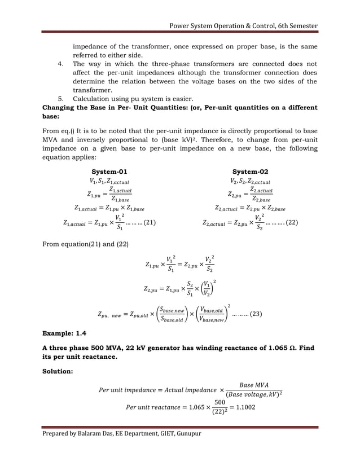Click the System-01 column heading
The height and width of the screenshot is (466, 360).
(x=109, y=172)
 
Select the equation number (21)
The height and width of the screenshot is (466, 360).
(x=149, y=223)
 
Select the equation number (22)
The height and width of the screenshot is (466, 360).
(x=291, y=223)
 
